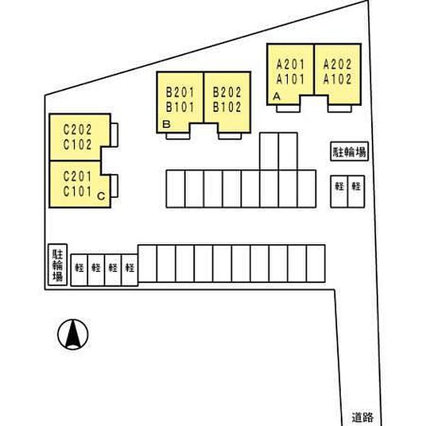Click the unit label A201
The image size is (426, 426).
(290, 65)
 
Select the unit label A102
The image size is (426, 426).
(337, 79)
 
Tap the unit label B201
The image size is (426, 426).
(180, 93)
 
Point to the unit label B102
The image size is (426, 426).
(227, 107)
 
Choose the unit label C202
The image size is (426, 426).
(77, 130)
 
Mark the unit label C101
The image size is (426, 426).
(77, 191)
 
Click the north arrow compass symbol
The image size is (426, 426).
(73, 334)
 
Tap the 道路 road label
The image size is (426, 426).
(363, 417)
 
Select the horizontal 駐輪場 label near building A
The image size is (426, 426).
(349, 152)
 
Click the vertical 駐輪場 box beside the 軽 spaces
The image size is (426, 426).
(58, 265)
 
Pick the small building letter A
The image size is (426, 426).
(276, 96)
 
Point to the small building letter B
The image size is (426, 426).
(166, 124)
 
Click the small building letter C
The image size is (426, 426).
(101, 196)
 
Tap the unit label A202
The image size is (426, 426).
(337, 65)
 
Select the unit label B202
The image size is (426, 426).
(227, 93)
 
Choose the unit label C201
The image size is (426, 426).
(77, 176)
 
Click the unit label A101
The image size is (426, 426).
(290, 79)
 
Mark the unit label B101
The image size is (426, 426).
(180, 107)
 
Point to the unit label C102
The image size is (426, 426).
(77, 144)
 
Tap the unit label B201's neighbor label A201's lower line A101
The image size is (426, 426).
(290, 79)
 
